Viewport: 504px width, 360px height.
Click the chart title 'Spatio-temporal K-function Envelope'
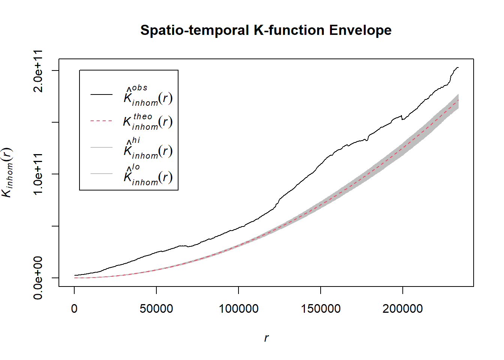(266, 30)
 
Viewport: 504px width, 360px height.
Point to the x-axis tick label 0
(74, 309)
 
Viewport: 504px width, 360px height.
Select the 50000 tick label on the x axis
(156, 309)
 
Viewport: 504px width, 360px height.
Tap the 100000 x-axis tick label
(238, 309)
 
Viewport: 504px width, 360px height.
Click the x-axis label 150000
(321, 309)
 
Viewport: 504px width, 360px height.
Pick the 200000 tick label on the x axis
(403, 309)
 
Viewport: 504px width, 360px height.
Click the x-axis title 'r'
(266, 338)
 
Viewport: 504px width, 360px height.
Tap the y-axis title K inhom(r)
(7, 172)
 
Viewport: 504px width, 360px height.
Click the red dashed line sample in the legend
(101, 121)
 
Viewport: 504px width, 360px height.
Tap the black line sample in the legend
(101, 94)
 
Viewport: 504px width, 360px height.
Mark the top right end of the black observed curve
(458, 67)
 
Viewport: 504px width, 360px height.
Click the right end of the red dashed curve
(458, 100)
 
